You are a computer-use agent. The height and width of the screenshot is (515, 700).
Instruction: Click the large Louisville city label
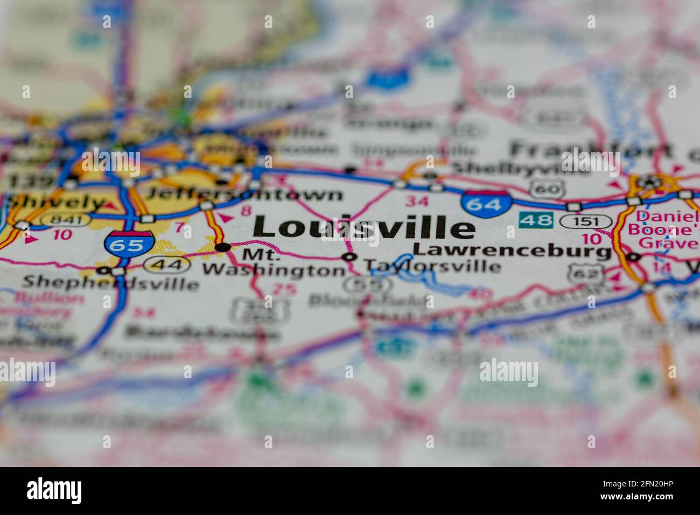364,227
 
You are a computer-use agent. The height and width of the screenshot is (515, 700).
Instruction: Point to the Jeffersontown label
244,194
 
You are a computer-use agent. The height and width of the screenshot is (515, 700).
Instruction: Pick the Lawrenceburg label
512,250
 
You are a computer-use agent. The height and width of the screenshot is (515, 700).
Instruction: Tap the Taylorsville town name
432,266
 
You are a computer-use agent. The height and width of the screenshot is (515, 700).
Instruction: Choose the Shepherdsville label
110,282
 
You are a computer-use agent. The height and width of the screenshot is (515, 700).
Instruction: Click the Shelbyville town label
520,168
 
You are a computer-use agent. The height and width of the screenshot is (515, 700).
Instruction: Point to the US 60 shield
547,189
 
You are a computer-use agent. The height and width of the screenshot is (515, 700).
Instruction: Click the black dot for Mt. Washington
222,247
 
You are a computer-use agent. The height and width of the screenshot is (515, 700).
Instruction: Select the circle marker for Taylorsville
350,257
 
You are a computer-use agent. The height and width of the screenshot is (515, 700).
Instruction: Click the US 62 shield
582,274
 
